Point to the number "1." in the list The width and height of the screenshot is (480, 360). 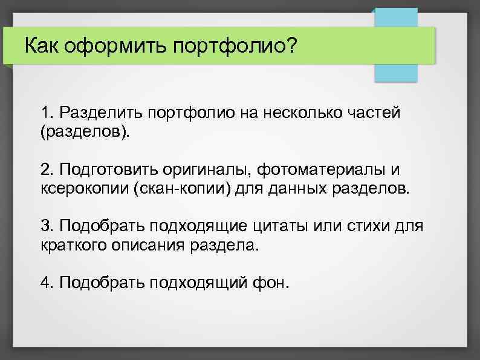pos(48,113)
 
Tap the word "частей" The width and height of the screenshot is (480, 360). pos(375,113)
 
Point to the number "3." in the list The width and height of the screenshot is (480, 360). pos(48,226)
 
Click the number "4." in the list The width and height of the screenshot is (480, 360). pos(48,283)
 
